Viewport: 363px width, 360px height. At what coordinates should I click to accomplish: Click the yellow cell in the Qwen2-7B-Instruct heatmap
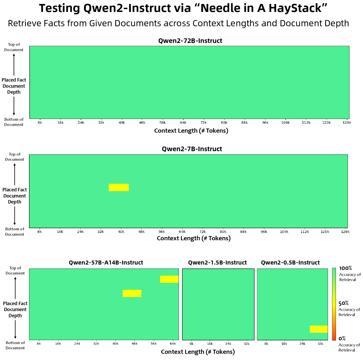118,187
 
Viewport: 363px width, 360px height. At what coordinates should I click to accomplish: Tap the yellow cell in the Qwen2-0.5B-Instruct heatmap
318,329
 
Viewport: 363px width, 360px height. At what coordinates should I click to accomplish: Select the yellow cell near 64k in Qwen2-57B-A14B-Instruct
169,279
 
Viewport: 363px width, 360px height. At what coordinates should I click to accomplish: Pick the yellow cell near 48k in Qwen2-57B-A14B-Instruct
132,293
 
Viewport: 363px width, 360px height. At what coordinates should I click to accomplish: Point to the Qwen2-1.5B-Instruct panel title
217,263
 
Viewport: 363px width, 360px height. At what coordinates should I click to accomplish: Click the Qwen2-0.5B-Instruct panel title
290,263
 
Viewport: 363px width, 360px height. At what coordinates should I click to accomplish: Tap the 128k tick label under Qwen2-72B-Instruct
346,123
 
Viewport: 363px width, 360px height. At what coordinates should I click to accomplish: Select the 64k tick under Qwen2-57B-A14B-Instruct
173,343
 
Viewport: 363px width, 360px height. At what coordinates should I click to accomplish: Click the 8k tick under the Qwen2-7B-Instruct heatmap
39,231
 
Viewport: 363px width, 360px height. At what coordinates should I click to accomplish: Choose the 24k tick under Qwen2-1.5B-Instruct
228,343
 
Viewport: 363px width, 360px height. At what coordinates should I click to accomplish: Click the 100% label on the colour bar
345,269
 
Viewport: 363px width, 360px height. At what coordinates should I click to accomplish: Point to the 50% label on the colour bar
344,303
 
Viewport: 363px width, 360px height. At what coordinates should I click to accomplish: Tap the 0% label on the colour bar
342,339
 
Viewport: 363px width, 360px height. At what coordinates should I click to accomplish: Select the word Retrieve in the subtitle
23,23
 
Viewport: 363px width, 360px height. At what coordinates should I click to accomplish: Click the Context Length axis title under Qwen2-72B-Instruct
191,130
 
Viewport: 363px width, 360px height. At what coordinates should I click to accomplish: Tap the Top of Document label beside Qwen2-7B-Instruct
14,157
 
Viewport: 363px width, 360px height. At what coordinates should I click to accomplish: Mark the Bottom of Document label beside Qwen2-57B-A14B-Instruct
15,345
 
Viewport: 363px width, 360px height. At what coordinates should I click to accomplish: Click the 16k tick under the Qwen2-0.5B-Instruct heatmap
284,343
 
